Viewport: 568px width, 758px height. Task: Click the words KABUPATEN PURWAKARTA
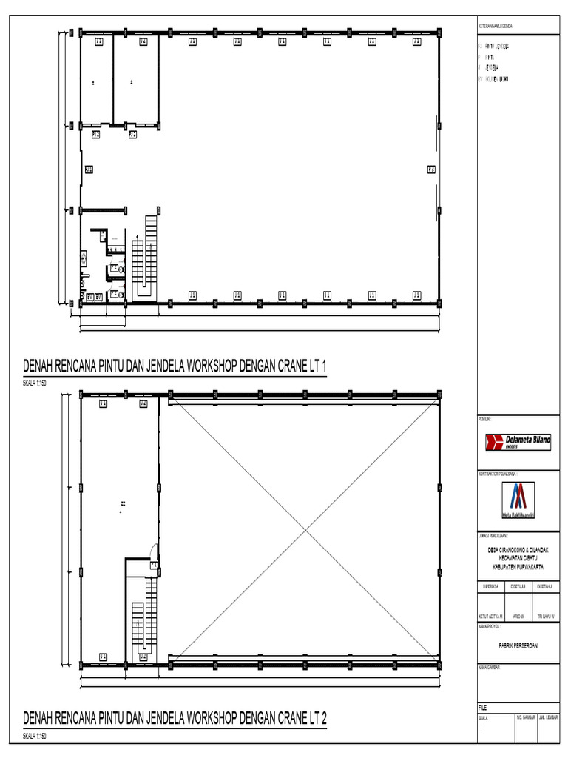518,566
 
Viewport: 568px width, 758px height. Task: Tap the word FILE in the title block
483,707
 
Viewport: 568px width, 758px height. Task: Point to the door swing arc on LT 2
153,551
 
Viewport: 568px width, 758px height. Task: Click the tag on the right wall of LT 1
431,170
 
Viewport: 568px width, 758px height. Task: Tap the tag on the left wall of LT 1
89,170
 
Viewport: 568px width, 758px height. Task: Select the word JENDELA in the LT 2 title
166,718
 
